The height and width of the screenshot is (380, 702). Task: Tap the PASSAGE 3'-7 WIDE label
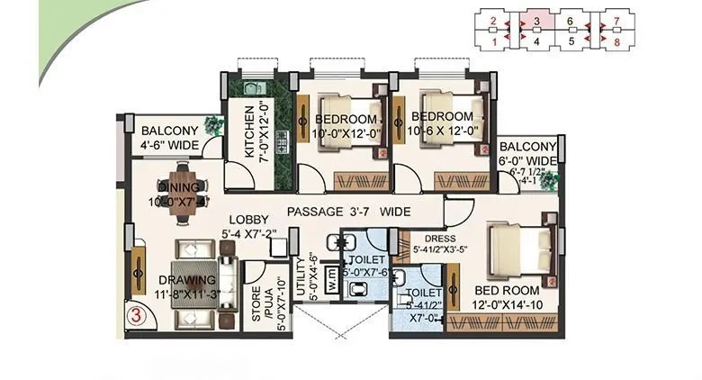coord(349,212)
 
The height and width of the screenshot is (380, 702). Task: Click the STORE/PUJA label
coord(256,303)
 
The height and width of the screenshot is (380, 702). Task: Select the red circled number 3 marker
coord(135,316)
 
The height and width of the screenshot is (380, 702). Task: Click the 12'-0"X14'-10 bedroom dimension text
coord(507,306)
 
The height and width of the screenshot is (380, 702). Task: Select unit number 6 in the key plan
coord(570,20)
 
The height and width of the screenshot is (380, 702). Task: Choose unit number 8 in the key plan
coord(616,41)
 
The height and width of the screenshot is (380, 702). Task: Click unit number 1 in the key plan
coord(493,41)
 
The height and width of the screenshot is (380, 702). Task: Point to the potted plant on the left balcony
coord(213,125)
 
